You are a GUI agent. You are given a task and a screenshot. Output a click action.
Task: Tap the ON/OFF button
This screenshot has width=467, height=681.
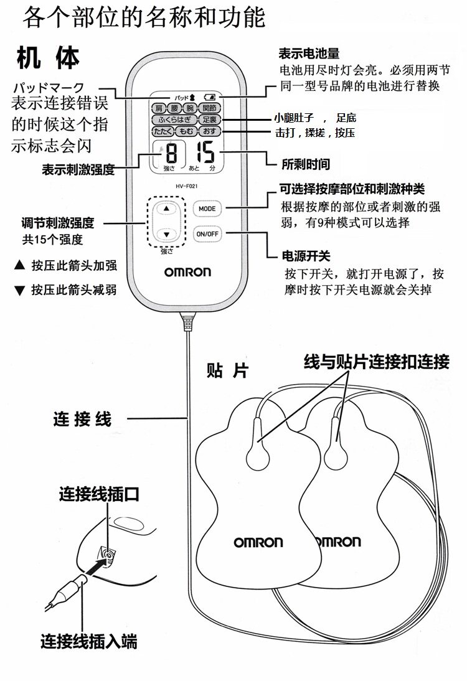coord(207,233)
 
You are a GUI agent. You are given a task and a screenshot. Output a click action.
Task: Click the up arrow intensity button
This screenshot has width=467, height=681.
coord(166,209)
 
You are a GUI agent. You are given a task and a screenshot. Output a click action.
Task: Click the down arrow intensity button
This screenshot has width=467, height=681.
coord(166,234)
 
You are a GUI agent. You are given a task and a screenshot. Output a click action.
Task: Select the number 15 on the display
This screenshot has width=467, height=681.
coord(205,153)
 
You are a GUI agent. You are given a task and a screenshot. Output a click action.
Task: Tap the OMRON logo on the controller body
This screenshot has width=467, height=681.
coord(187,272)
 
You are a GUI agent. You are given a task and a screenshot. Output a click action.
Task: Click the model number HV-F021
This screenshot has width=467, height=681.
coord(186,186)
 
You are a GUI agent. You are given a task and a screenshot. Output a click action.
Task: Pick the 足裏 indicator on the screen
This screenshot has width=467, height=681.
coord(210,120)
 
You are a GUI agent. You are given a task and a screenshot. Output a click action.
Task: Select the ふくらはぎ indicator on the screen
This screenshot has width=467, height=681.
coord(174,120)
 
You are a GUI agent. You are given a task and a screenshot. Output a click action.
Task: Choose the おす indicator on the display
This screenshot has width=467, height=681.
coord(210,131)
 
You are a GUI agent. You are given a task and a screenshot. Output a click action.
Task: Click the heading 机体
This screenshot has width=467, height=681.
coord(48,58)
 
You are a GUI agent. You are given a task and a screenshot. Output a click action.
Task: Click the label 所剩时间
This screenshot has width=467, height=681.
coord(306,164)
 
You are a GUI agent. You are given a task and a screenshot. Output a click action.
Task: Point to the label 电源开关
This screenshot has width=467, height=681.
coord(306,256)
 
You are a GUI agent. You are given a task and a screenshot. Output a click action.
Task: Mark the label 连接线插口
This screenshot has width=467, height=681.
coord(99,494)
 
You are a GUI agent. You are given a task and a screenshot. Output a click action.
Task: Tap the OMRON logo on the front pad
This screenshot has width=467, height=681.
coord(258,542)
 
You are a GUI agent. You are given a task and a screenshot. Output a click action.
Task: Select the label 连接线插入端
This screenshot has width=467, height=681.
coord(88,641)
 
